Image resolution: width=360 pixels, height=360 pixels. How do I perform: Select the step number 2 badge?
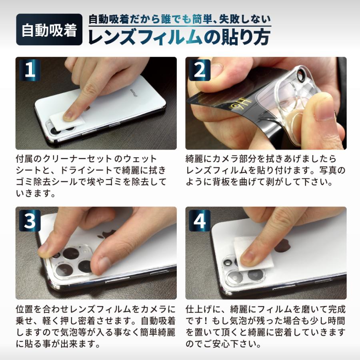click(200, 71)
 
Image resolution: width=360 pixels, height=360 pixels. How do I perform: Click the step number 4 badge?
click(200, 221)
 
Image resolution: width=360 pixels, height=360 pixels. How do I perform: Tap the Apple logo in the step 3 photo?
click(109, 233)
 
